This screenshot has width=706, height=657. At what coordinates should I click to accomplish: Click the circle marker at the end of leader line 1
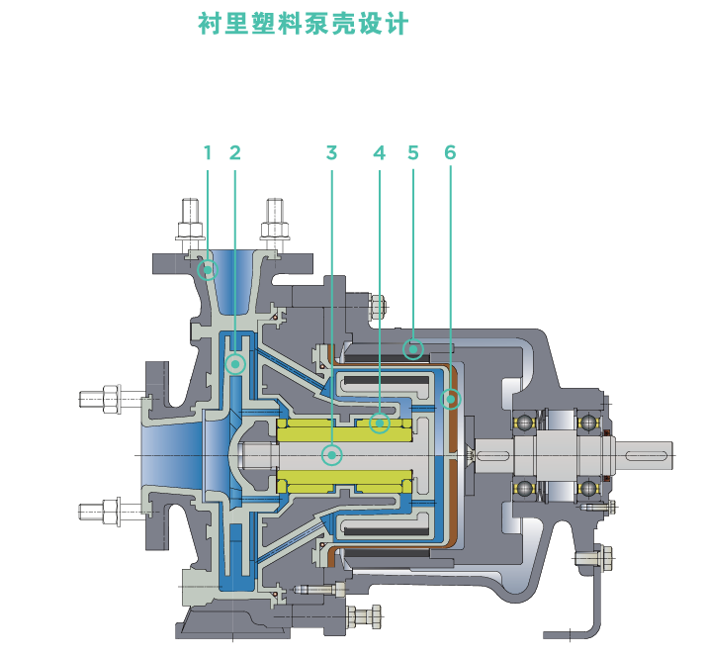click(208, 269)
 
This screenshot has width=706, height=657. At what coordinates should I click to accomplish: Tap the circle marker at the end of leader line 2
click(235, 364)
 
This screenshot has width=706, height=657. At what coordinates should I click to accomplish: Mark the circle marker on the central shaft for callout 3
click(332, 455)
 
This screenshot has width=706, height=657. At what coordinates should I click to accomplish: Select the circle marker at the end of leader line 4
click(379, 423)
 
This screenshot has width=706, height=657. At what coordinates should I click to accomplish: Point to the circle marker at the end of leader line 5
click(413, 348)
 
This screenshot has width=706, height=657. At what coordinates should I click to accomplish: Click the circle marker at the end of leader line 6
click(451, 400)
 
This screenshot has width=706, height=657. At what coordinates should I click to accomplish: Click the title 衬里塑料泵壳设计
click(303, 25)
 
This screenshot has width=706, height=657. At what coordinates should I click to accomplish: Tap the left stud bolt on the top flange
click(191, 224)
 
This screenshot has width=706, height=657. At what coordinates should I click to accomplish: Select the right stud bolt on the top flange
click(274, 224)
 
